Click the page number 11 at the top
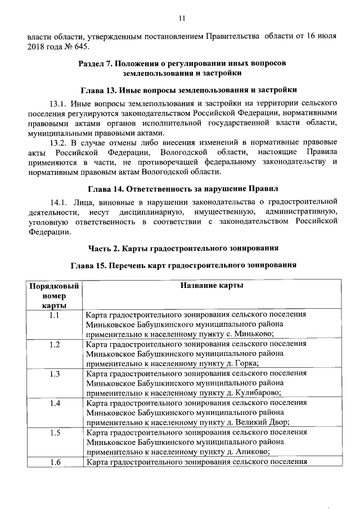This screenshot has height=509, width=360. click(182, 18)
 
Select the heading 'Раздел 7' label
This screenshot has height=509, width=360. click(97, 63)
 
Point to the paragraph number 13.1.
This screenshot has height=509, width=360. click(58, 104)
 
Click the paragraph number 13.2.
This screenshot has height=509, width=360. click(58, 142)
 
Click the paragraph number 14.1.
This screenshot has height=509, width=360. click(58, 201)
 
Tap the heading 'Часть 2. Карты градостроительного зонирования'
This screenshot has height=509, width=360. click(184, 247)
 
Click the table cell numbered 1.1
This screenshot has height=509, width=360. click(55, 316)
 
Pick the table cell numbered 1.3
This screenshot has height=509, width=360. click(55, 374)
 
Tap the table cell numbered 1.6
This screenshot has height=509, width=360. click(55, 462)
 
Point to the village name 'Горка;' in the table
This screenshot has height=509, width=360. click(245, 363)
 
